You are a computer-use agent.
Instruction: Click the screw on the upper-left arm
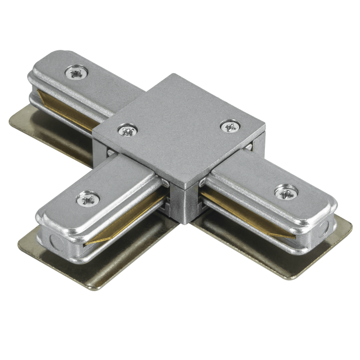click(75, 73)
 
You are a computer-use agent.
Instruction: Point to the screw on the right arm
click(282, 192)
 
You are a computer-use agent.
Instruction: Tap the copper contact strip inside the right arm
click(242, 211)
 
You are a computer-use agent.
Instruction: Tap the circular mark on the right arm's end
click(325, 229)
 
